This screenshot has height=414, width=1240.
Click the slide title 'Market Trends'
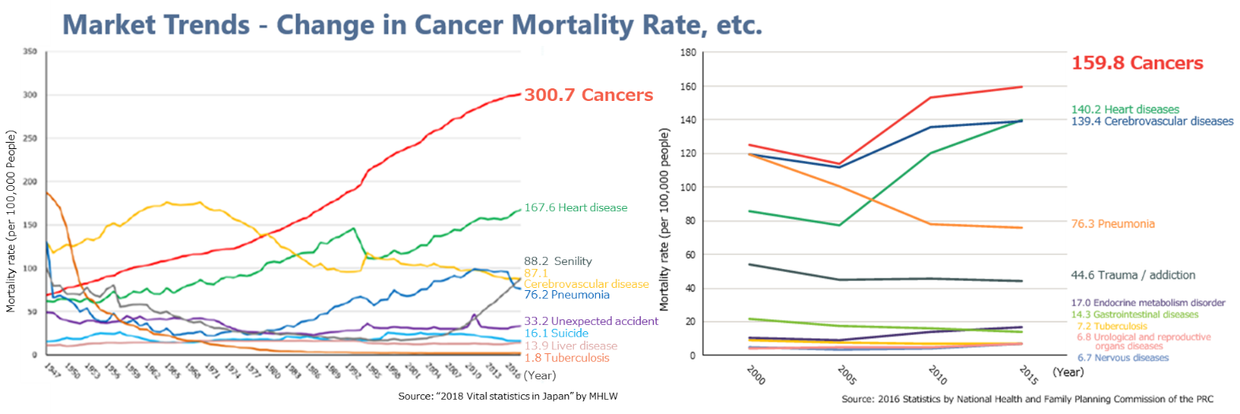tap(156, 25)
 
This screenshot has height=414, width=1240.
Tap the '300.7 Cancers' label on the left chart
tap(588, 95)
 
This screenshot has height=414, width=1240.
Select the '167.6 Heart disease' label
tap(575, 207)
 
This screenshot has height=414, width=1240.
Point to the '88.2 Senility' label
tap(557, 261)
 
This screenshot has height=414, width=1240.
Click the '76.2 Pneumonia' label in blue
tap(566, 295)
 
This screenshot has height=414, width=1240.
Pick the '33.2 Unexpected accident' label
tap(590, 321)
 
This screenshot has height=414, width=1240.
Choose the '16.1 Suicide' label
tap(556, 334)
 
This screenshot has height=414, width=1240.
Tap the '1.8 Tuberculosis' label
tap(566, 358)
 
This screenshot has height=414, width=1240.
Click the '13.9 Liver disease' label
tap(570, 346)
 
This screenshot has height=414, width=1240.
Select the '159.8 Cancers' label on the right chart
tap(1137, 63)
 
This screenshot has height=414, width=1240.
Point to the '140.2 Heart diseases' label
tap(1125, 110)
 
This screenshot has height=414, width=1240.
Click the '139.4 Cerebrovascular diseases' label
tap(1152, 121)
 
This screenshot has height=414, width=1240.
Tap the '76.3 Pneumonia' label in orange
tap(1112, 224)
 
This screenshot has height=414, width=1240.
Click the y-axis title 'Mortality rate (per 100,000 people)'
tap(664, 219)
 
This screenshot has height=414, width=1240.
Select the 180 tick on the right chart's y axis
tap(688, 53)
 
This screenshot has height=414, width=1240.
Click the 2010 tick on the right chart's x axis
tap(938, 375)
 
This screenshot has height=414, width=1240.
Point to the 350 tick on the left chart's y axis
tap(30, 52)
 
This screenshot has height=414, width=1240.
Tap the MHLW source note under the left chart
tap(508, 396)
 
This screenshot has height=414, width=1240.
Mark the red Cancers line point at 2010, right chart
tap(931, 98)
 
